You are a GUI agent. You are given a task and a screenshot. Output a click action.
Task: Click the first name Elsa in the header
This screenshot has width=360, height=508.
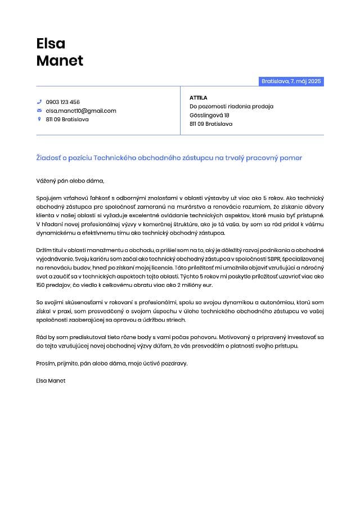(51, 43)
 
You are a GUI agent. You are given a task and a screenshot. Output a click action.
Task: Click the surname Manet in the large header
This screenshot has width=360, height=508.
(60, 61)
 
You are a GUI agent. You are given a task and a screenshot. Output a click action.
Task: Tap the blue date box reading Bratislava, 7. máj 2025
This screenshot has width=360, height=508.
(291, 81)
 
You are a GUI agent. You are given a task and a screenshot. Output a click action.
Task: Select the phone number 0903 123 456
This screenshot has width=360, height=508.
(63, 102)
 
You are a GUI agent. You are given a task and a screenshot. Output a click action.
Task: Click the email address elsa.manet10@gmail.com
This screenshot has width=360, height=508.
(81, 111)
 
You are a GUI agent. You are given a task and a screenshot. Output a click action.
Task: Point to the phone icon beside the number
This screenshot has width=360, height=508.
(39, 102)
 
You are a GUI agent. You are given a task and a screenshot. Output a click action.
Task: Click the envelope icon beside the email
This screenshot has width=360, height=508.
(39, 111)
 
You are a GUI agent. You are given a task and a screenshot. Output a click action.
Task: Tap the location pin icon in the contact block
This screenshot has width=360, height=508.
(39, 119)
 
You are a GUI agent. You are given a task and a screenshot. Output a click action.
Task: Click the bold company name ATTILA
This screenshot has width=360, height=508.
(199, 98)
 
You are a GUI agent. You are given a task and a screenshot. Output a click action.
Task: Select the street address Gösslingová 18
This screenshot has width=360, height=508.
(209, 115)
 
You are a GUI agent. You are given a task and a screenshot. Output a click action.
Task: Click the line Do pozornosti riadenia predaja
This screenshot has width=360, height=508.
(231, 106)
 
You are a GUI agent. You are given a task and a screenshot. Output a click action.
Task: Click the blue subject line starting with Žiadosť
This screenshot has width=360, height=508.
(169, 158)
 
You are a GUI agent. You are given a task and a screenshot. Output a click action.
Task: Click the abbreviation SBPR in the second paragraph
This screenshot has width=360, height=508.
(272, 259)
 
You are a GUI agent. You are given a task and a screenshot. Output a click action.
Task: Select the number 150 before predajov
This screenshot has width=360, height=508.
(41, 285)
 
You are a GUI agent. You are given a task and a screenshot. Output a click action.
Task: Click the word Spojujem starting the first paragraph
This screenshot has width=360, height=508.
(48, 198)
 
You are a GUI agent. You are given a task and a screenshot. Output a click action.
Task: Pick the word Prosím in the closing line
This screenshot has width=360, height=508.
(45, 363)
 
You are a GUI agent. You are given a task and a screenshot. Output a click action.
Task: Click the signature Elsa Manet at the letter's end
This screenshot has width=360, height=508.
(51, 381)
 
